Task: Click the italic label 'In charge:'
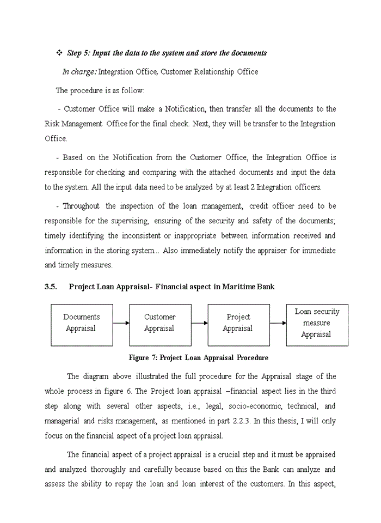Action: pos(79,72)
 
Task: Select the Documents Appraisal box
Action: pos(82,325)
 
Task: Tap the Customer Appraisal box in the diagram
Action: pos(160,325)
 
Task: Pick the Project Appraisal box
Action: pos(238,325)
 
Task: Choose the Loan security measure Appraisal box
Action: pos(317,325)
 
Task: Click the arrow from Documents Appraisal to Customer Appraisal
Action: pos(121,323)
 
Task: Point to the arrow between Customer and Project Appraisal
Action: pos(199,323)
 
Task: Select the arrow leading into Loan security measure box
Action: pos(278,323)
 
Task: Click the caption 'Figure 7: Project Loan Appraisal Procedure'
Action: pos(198,358)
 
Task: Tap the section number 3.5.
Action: pos(51,287)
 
